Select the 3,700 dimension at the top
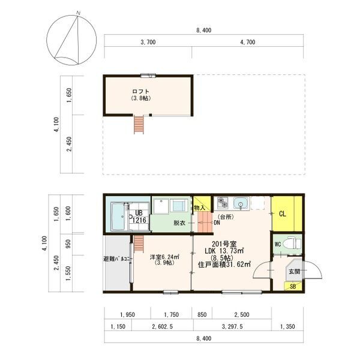coord(148,42)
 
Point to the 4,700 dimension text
coord(247,42)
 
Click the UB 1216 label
coord(138,216)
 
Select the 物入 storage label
coord(199,207)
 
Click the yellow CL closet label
coord(282,214)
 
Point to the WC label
coord(277,244)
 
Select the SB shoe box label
coord(293,286)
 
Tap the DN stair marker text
coord(217,222)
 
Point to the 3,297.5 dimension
coord(232,327)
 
